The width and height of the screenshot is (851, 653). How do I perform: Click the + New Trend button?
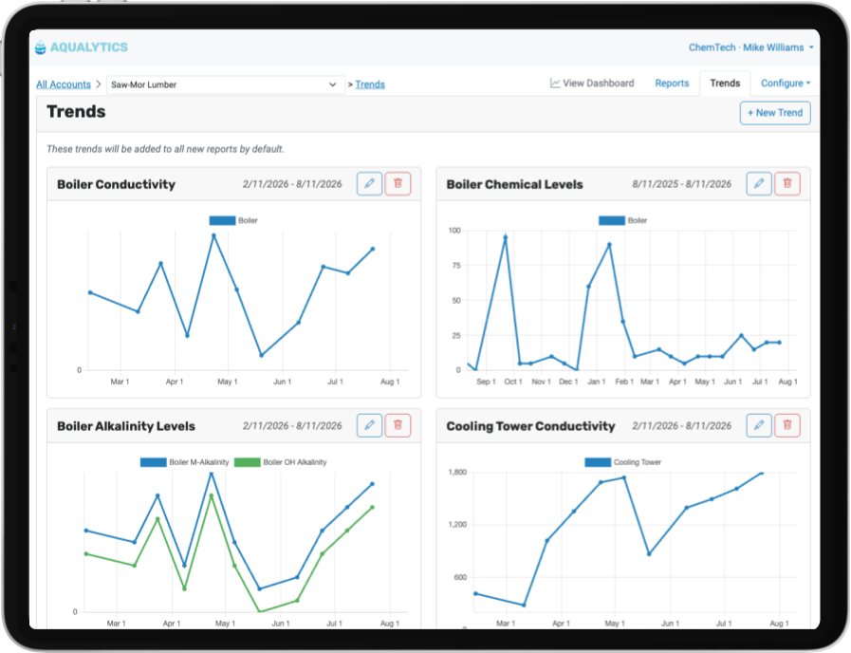775,113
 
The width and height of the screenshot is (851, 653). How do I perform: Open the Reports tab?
672,84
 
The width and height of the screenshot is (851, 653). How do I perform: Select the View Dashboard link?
592,84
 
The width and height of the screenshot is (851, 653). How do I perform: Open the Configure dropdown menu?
786,84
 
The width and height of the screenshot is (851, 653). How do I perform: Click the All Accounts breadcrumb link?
64,84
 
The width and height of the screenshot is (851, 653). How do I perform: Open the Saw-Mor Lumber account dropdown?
225,84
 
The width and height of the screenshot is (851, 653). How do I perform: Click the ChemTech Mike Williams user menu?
750,47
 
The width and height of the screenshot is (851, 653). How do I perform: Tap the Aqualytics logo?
82,47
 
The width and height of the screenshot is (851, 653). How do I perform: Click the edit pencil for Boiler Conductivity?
370,183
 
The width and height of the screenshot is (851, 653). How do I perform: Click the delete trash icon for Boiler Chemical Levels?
787,183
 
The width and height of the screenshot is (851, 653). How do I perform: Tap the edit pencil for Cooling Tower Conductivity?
759,425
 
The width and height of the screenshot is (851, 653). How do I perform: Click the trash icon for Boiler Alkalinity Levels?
398,425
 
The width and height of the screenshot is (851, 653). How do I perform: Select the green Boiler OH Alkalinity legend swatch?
247,462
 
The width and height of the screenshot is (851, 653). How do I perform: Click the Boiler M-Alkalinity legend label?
199,462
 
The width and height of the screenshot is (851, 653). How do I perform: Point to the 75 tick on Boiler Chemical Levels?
456,266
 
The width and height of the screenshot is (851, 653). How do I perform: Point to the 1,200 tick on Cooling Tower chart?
457,524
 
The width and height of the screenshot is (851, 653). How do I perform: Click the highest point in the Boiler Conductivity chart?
213,235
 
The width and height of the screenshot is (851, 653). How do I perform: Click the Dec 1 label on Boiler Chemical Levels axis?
568,382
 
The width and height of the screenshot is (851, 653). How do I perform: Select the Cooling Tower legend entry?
623,462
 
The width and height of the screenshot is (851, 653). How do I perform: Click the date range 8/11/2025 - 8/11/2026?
682,184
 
